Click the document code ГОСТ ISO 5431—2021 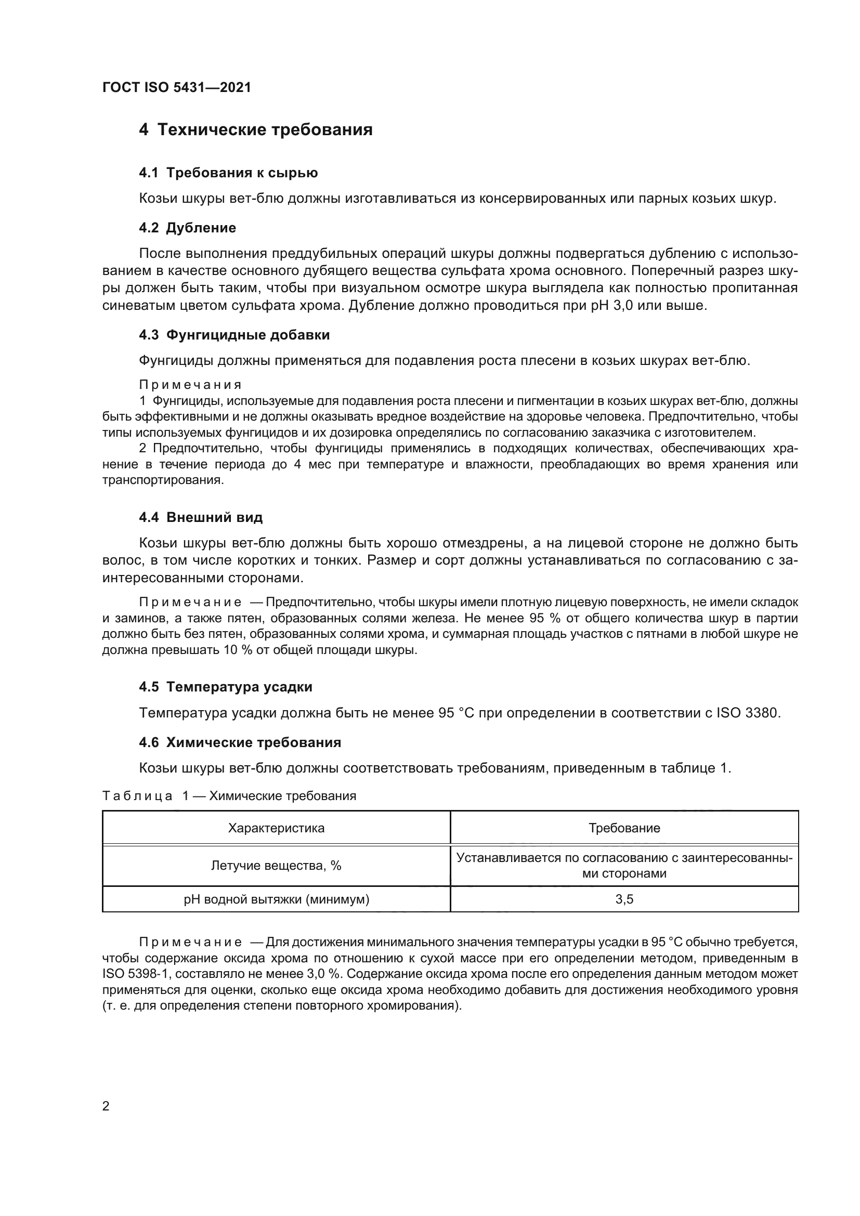point(176,88)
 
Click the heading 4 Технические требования point(256,130)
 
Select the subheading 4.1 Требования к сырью point(228,173)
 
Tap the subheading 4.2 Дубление point(188,228)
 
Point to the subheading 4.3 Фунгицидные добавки point(234,335)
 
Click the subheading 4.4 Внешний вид point(201,517)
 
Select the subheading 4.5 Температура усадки point(226,687)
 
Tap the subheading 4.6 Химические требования point(240,742)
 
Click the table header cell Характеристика point(276,828)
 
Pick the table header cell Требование point(624,828)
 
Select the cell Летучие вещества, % point(276,866)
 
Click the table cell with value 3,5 point(624,899)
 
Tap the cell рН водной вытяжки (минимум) point(276,899)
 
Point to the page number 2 point(106,1106)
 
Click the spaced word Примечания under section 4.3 point(190,385)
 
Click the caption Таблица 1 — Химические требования point(229,796)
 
